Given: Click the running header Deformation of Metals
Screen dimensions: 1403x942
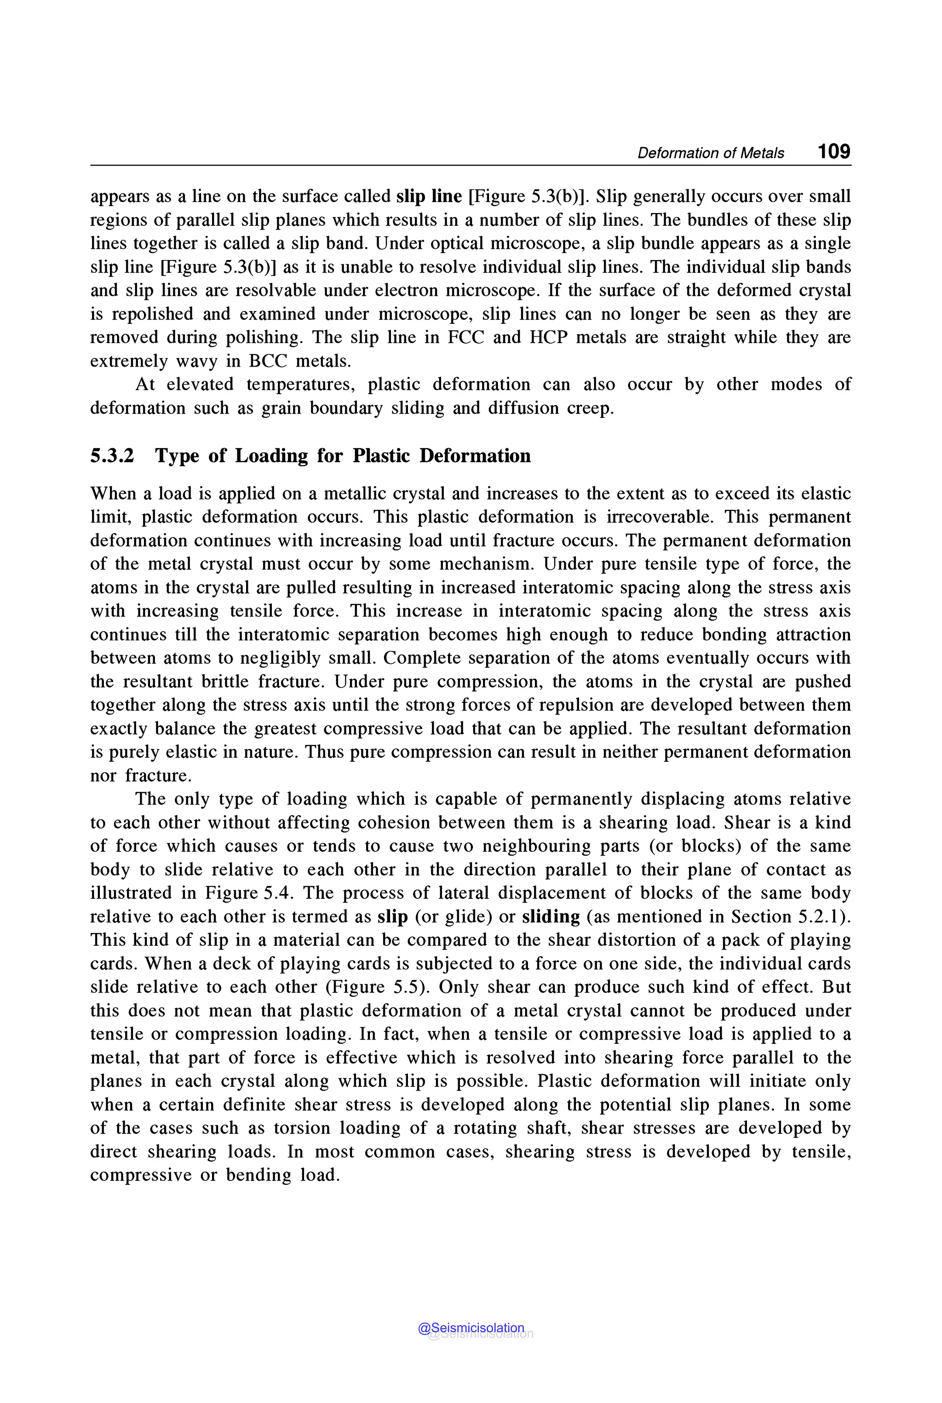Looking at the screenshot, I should tap(710, 153).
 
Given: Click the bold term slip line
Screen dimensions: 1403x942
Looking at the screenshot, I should tap(429, 196).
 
